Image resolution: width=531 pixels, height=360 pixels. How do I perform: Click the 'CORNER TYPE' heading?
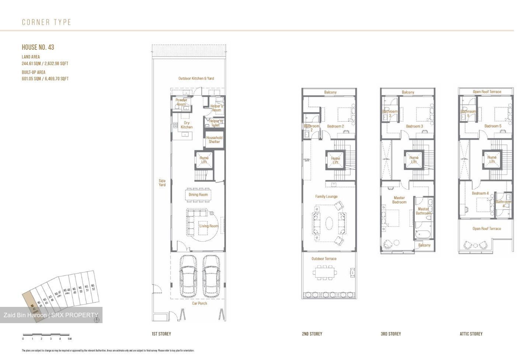pos(46,22)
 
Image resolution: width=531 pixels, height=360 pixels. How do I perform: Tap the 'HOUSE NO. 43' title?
pos(38,47)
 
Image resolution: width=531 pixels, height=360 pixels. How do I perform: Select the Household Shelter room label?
pos(214,140)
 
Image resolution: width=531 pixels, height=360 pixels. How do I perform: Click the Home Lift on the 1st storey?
pos(204,160)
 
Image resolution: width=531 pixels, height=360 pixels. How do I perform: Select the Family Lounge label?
pos(326,197)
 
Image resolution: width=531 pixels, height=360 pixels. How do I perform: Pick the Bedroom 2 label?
pos(335,127)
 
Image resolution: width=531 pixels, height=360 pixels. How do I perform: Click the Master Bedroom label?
pos(399,200)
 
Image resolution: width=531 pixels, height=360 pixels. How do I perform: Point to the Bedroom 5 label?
pos(493,126)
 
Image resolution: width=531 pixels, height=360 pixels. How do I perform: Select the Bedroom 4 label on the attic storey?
pos(480,193)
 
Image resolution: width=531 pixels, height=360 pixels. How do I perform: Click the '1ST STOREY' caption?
pos(162,334)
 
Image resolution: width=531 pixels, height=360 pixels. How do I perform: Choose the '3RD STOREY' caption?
pos(391,334)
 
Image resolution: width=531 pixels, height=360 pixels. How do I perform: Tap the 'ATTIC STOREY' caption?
pos(471,334)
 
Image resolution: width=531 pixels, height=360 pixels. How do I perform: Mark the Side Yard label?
pos(162,183)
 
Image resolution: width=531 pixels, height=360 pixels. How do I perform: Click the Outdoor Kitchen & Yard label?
pos(196,79)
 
